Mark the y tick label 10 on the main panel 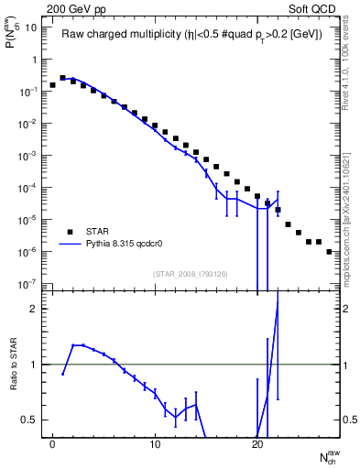(30, 27)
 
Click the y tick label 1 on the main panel (33, 60)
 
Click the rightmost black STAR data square (329, 251)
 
